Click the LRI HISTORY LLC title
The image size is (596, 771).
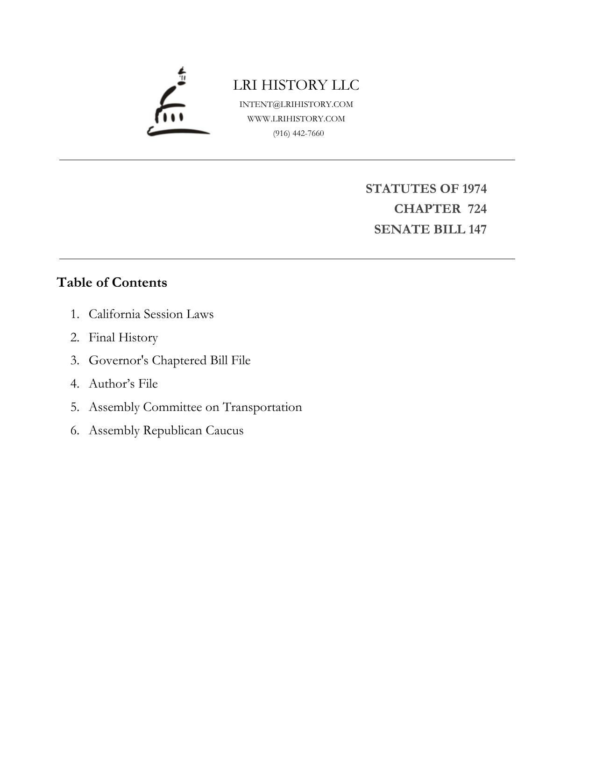click(296, 85)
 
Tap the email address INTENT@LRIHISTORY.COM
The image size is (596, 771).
click(296, 104)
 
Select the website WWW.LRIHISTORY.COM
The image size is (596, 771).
click(296, 119)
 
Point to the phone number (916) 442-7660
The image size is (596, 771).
click(298, 133)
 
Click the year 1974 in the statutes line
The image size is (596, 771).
click(474, 189)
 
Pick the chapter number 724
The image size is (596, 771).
click(477, 209)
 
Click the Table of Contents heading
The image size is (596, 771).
click(112, 283)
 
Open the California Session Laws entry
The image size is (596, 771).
click(151, 314)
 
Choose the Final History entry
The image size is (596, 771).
click(123, 337)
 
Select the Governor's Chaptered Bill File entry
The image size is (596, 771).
click(170, 361)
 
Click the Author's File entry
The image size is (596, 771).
click(123, 383)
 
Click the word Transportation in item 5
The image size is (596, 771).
click(262, 407)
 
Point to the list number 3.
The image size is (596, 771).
click(74, 361)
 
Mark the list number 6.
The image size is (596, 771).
click(74, 430)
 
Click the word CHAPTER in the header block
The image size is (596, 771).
click(427, 209)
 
